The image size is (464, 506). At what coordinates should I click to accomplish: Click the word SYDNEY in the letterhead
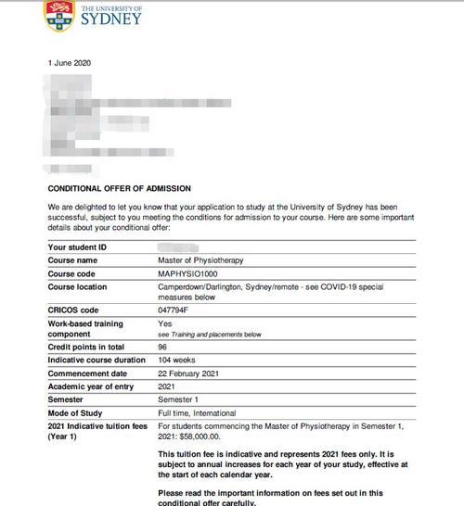point(111,18)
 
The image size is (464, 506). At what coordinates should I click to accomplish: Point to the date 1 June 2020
point(70,62)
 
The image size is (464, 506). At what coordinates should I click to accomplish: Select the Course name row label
point(73,261)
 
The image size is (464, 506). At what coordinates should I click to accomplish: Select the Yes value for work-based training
point(165,323)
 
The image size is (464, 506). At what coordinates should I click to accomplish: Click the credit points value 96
point(163,346)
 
